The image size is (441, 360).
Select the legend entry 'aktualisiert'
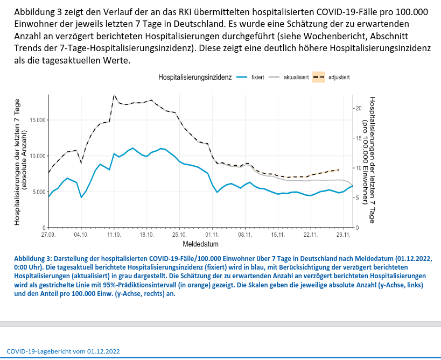[296, 77]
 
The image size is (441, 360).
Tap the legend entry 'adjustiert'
[339, 77]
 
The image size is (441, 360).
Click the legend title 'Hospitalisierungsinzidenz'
[194, 77]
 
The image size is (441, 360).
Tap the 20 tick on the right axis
[360, 108]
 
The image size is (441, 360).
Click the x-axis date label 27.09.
[48, 235]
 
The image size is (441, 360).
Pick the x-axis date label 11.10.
[114, 235]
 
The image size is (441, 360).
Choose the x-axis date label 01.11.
[212, 235]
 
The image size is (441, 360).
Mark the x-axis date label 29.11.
[344, 235]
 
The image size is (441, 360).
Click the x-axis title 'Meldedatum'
[200, 244]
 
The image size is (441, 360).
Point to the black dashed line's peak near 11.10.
[114, 95]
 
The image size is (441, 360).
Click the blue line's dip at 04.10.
[81, 197]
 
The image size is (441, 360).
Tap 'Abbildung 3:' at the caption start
[36, 258]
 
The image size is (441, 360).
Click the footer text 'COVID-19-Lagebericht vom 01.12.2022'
[63, 351]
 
